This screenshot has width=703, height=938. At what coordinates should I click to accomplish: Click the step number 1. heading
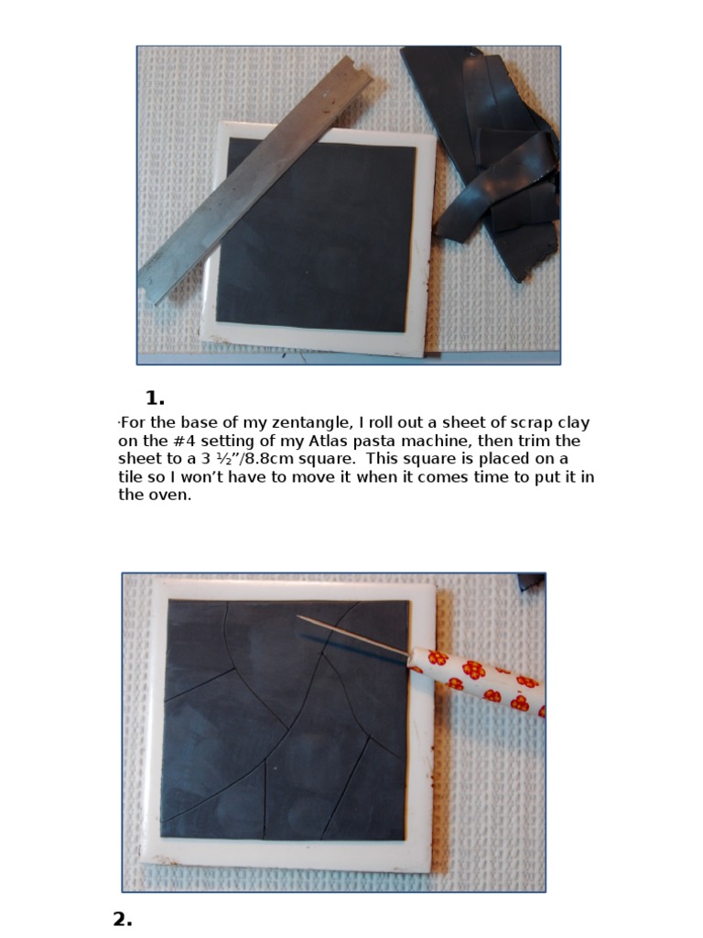tap(155, 398)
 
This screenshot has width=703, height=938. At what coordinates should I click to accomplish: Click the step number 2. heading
tap(123, 919)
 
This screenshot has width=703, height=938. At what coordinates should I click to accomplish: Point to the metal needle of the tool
tap(352, 635)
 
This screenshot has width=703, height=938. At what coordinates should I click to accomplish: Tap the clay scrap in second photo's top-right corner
tap(531, 580)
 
